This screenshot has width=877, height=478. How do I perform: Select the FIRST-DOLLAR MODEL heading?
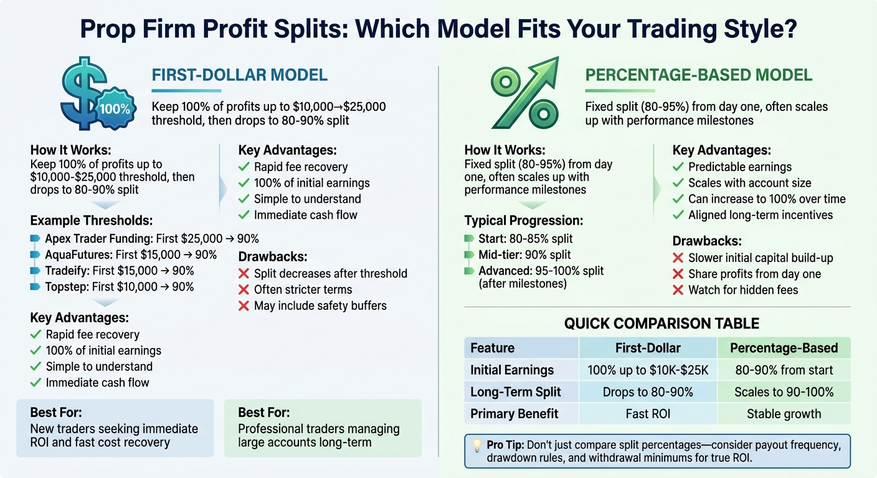(x=240, y=76)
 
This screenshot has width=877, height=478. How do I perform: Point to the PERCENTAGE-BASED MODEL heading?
(x=699, y=76)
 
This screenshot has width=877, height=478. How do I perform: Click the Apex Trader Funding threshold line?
(x=151, y=238)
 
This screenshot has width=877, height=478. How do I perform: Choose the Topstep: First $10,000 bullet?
(x=119, y=287)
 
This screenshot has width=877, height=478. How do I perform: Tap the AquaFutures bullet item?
(x=131, y=255)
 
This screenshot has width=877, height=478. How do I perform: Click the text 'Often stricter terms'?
(x=303, y=289)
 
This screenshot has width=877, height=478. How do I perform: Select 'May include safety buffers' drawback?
(x=320, y=306)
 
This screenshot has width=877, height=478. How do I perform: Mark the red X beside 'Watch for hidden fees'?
(x=678, y=290)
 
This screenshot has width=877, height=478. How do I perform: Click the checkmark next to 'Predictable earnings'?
(x=678, y=167)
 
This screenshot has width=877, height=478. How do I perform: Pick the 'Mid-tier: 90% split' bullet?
(x=524, y=255)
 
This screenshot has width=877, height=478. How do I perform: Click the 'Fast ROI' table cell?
(x=648, y=414)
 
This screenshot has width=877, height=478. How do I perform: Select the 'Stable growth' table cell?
(x=784, y=414)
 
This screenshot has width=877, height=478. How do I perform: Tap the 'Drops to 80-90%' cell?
(x=648, y=392)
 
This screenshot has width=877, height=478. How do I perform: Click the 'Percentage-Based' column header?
(x=784, y=348)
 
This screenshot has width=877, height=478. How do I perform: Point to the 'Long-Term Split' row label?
(x=516, y=392)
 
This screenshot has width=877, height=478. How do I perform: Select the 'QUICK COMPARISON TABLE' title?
(x=661, y=324)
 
